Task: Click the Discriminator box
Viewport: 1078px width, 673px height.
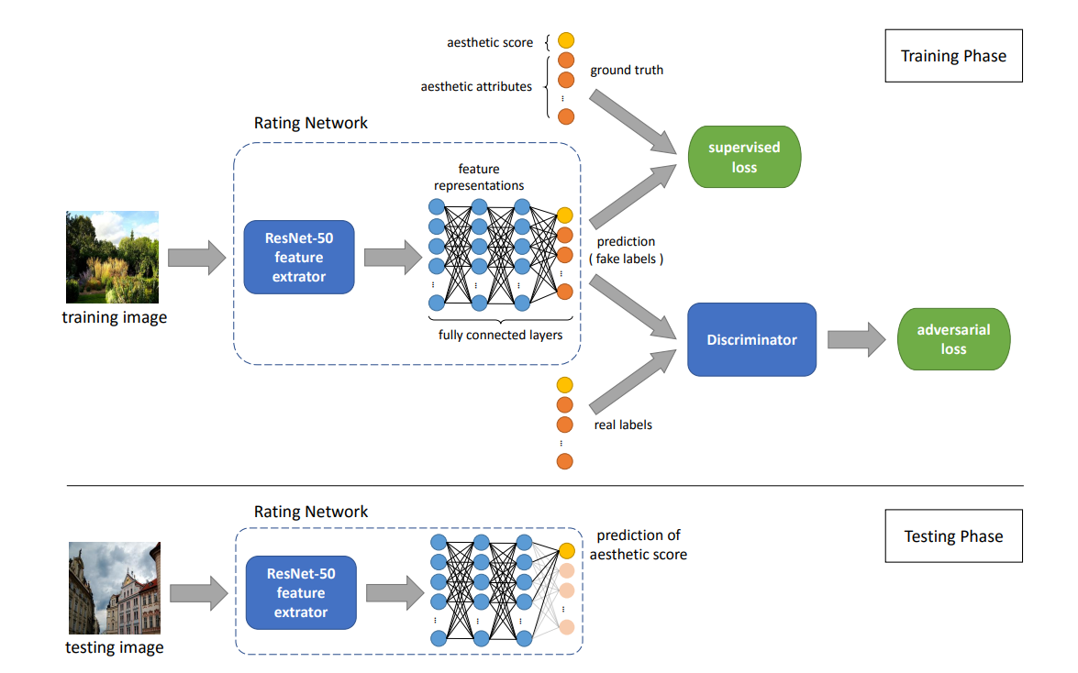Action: pos(751,339)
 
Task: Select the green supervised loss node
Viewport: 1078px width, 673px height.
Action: pos(744,157)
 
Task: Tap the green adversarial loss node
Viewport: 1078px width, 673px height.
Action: pos(953,339)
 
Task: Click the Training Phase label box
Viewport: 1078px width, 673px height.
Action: pos(953,56)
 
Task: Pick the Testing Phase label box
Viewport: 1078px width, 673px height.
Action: pos(953,536)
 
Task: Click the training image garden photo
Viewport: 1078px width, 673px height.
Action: pos(112,257)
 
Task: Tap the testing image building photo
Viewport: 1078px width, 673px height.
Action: pos(115,588)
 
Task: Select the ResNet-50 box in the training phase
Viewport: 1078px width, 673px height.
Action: pos(299,257)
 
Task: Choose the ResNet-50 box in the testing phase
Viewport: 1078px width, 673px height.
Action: pos(301,592)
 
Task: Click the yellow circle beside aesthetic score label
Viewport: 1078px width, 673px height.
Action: pos(566,41)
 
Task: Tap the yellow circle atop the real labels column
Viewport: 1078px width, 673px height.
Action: pos(565,384)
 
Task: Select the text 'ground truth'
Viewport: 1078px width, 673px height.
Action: pos(627,71)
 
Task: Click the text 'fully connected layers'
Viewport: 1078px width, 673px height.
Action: pos(500,335)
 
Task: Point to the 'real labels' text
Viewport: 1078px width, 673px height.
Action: pos(623,425)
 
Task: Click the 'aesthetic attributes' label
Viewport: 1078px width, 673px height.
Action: pos(476,87)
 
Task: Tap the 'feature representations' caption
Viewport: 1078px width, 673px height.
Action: pos(479,178)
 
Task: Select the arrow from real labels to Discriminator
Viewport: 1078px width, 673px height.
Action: pos(634,385)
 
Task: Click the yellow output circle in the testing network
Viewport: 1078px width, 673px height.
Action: pos(567,550)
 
